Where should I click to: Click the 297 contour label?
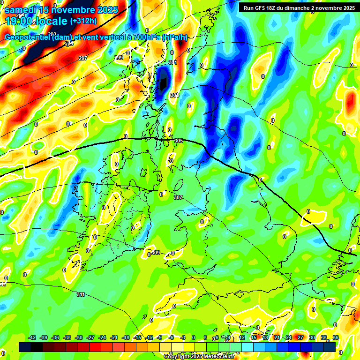[x=83, y=58]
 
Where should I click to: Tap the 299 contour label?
[x=119, y=58]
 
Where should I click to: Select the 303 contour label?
[x=174, y=95]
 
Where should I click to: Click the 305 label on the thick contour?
[x=178, y=141]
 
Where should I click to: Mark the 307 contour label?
[x=178, y=197]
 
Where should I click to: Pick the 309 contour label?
[x=156, y=253]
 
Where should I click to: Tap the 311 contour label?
[x=81, y=294]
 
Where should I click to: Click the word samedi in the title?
[x=21, y=9]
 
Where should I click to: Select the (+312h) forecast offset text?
[x=83, y=21]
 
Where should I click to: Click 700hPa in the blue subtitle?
[x=144, y=37]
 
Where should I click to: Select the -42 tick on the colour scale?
[x=32, y=337]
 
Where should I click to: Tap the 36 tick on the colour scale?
[x=336, y=337]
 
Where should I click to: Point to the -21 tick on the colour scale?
[x=114, y=337]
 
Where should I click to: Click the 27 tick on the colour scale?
[x=300, y=337]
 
